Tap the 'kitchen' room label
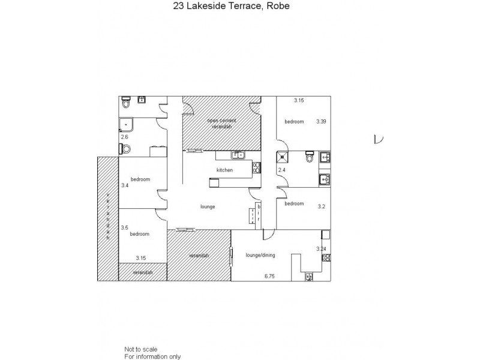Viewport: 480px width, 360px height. [224, 170]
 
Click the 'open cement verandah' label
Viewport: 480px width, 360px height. [222, 124]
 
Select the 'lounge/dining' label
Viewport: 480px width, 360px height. [260, 255]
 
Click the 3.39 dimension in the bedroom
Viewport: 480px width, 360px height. [322, 121]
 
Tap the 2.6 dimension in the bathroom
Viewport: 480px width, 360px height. [125, 137]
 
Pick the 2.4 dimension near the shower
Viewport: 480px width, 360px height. [282, 171]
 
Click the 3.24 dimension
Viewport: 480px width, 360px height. [321, 248]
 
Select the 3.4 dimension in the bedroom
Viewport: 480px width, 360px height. [125, 186]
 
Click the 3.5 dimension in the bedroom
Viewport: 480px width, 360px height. [124, 228]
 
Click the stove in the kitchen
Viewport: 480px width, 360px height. [256, 167]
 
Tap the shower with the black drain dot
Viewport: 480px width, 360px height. [283, 158]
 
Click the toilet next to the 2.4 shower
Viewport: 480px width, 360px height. [309, 159]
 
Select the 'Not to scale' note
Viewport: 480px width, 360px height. [137, 349]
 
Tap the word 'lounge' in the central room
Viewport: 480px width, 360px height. [208, 207]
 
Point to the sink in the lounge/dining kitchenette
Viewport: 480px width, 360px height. [308, 277]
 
